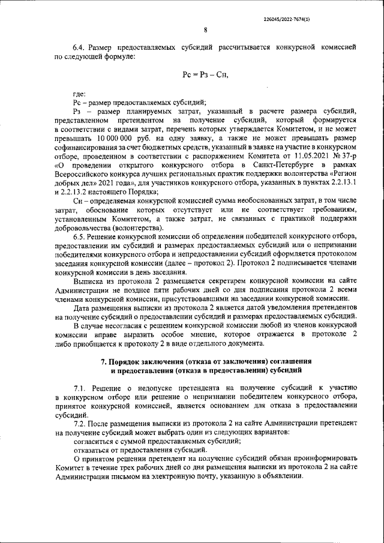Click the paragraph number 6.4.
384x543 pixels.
79,46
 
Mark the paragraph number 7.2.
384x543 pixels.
79,423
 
